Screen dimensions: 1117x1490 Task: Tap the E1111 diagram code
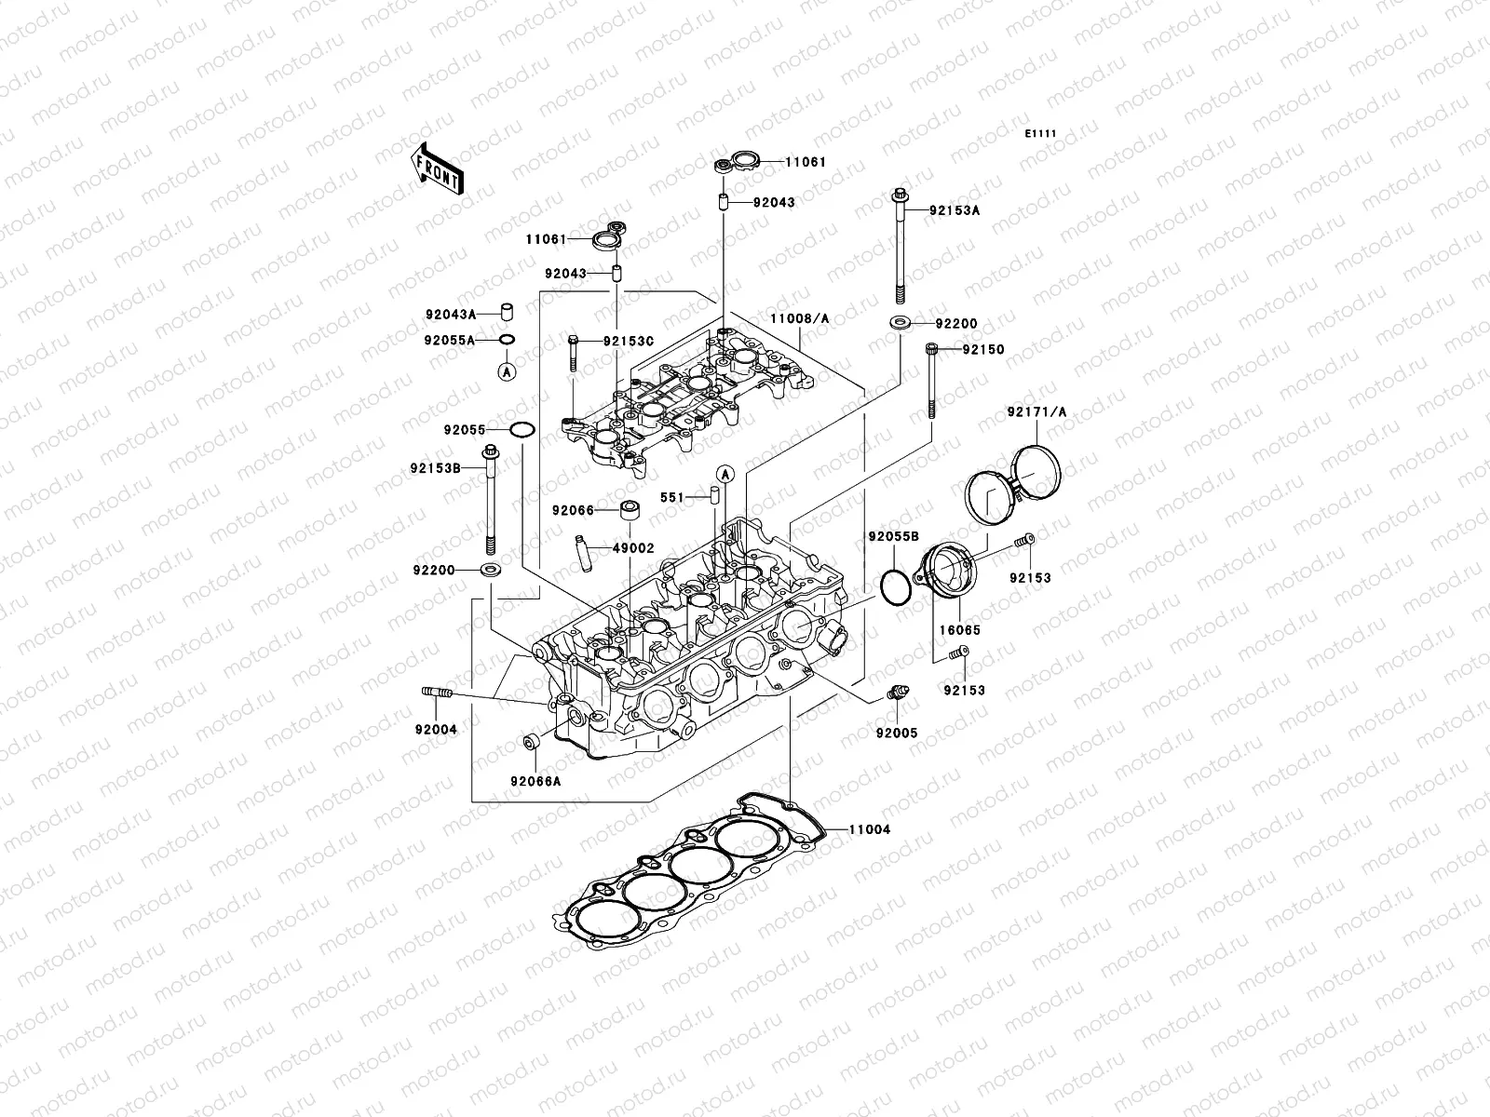1040,134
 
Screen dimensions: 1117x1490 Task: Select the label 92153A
955,210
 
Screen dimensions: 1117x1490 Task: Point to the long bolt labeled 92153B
490,503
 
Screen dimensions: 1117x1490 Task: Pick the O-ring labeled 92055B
896,588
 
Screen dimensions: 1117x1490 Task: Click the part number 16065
960,630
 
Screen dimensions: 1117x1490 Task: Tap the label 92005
896,733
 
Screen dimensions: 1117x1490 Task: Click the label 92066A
535,781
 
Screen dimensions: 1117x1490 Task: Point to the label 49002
633,548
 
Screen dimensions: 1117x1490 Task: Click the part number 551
672,497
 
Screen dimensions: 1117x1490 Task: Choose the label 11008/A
799,318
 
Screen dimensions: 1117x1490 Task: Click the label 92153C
629,342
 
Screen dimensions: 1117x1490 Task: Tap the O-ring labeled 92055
522,430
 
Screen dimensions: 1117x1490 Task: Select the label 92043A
450,315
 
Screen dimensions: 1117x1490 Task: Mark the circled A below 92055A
506,371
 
